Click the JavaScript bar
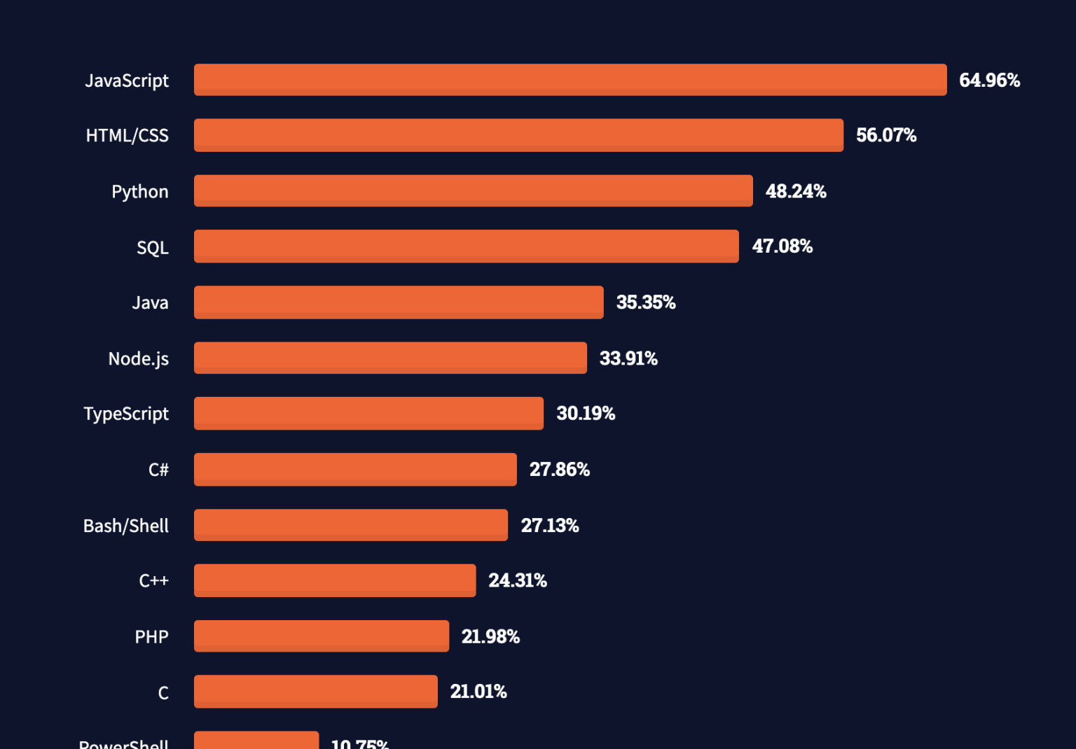click(570, 80)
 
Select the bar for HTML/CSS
click(518, 135)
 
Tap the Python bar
click(474, 191)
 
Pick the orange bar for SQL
click(467, 246)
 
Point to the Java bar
click(399, 302)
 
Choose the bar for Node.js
click(390, 358)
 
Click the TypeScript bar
click(368, 414)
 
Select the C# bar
click(355, 469)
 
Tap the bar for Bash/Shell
click(351, 525)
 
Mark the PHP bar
click(322, 636)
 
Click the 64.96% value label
click(989, 80)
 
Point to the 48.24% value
click(796, 191)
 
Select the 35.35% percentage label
click(646, 302)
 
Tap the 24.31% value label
click(518, 580)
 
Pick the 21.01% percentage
click(478, 692)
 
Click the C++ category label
click(154, 581)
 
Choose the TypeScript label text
click(126, 414)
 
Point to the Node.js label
click(139, 359)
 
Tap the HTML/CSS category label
click(127, 136)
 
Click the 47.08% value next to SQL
click(782, 246)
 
